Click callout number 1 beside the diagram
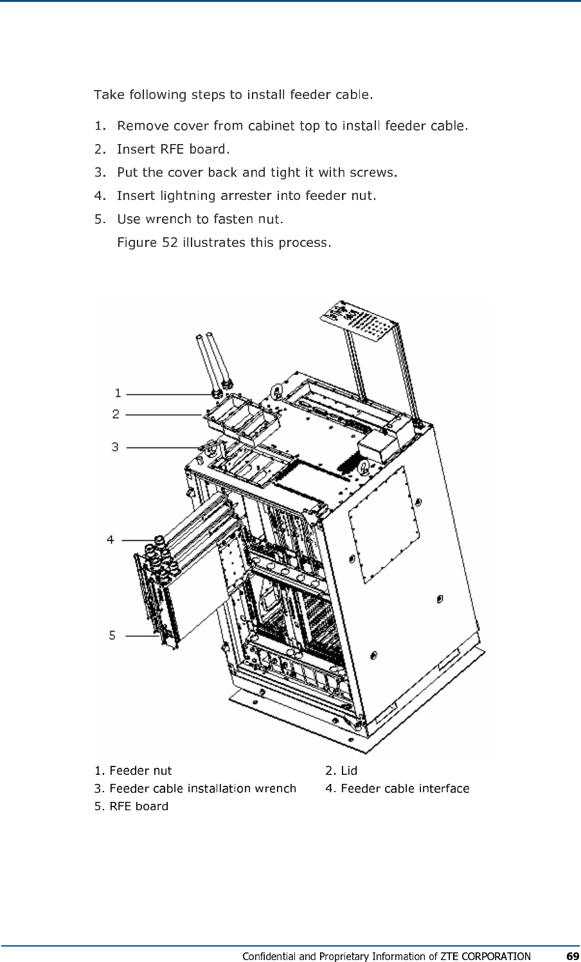point(118,392)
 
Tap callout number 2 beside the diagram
point(116,414)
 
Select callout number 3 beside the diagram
point(115,446)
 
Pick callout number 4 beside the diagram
point(111,540)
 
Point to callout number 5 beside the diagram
point(112,635)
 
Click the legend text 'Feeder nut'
point(140,770)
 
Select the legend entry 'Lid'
point(348,770)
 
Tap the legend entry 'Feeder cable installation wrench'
point(202,788)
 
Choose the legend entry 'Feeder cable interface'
point(404,788)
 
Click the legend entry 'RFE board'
point(138,806)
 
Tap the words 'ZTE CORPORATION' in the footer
point(485,956)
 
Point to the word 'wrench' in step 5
point(168,219)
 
